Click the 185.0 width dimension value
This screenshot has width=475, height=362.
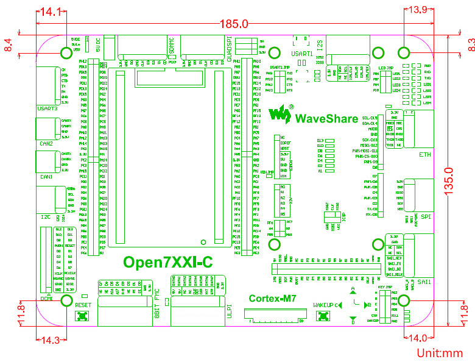click(234, 24)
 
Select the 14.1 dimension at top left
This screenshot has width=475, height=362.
click(51, 11)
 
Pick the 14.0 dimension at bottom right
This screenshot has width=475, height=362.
click(418, 338)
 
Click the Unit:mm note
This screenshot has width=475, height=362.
click(440, 353)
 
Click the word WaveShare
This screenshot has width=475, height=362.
click(326, 118)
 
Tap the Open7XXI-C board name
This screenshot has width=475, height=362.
click(167, 263)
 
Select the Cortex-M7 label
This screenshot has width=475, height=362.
click(273, 299)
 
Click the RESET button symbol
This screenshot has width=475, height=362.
click(81, 316)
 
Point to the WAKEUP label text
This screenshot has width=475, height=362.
click(323, 303)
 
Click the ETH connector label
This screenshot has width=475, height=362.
click(425, 155)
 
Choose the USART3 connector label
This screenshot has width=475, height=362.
click(47, 108)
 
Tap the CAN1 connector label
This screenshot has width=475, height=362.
click(46, 177)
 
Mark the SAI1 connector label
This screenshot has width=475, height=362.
click(424, 282)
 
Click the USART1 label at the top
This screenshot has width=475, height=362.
click(303, 54)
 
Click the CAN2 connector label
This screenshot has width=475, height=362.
click(46, 144)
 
